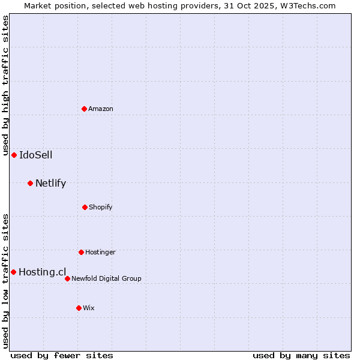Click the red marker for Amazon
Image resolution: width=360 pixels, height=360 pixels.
[x=84, y=109]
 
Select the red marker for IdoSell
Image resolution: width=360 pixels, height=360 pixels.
[x=14, y=155]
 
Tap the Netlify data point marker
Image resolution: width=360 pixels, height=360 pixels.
[x=30, y=183]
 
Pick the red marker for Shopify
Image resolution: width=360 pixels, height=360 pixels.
[x=85, y=207]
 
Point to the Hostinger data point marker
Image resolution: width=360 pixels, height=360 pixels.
[x=81, y=252]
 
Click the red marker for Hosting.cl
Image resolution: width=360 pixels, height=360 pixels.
[x=13, y=272]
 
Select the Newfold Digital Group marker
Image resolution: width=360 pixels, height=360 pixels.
[x=67, y=278]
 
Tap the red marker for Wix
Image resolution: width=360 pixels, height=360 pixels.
[x=79, y=308]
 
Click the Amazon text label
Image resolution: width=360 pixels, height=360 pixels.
[x=101, y=109]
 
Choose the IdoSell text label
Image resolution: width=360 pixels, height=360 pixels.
[x=36, y=155]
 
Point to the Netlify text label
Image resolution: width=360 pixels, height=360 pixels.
[x=50, y=183]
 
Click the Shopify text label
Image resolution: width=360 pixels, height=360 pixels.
[x=101, y=207]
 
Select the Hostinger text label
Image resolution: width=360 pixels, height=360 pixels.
[x=100, y=252]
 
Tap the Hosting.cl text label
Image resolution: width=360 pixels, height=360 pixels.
[x=42, y=272]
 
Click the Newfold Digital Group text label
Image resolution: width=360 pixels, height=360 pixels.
[x=106, y=278]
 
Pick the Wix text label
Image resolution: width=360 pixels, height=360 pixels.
[x=89, y=308]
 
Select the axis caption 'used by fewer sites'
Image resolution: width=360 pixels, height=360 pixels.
[x=62, y=355]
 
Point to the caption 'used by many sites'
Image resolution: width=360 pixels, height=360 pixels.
[x=301, y=355]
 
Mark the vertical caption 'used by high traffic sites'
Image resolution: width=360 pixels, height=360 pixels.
[x=5, y=85]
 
